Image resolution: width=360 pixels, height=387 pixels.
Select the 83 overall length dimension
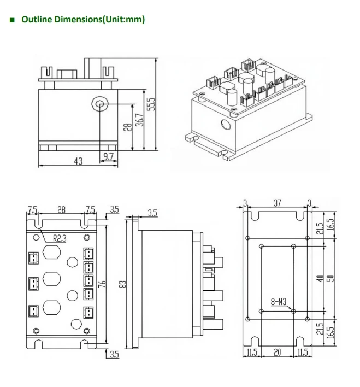pos(123,284)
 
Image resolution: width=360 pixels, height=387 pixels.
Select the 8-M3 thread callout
pos(280,300)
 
